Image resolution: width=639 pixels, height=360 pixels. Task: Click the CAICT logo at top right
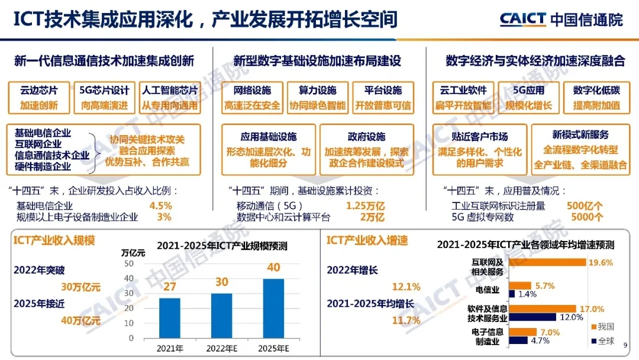coord(561,20)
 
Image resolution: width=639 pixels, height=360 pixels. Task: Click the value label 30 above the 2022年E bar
coord(221,282)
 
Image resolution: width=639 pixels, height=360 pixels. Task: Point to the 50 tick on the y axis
coord(130,263)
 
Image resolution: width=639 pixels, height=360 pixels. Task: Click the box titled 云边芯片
coord(39,98)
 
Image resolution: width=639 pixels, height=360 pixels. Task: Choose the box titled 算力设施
coord(318,98)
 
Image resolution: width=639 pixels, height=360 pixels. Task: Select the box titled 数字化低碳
coord(596,98)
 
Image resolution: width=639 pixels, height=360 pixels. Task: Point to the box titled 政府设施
coord(366,149)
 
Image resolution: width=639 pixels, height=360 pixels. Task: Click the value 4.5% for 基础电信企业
coord(160,206)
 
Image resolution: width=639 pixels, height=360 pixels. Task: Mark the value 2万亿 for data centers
coord(372,217)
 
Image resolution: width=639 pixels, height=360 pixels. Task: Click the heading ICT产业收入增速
coord(367,240)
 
